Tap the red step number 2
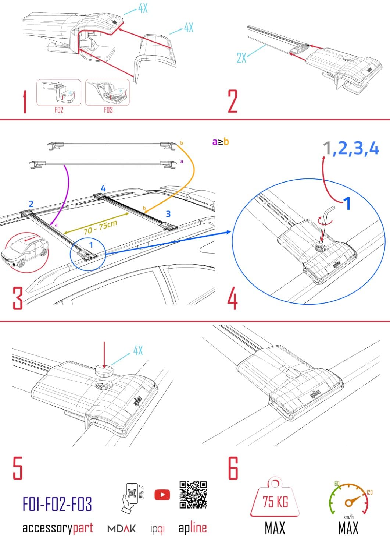point(233,101)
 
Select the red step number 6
point(233,468)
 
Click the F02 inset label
point(59,110)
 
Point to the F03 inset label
point(108,110)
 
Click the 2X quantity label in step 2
point(241,58)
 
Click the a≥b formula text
point(221,142)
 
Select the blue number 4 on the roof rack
point(103,188)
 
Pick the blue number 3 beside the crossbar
point(168,214)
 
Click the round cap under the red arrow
point(105,371)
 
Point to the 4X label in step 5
point(138,350)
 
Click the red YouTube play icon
point(162,495)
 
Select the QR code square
point(193,495)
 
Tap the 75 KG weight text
point(275,502)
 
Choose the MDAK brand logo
point(121,529)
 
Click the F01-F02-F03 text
point(57,504)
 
